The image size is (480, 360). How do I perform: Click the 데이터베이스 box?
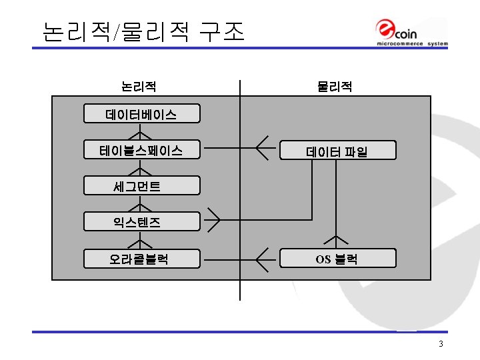coord(141,114)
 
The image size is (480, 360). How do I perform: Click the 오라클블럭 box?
coord(141,258)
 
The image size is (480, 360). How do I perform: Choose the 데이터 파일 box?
coord(337,151)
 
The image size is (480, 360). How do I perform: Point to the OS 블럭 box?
coord(337,258)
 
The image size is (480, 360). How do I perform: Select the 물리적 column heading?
coord(335,87)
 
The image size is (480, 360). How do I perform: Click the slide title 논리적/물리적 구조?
coord(143,31)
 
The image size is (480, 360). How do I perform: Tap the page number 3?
coord(441,344)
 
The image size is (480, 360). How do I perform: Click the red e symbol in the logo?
coord(386,29)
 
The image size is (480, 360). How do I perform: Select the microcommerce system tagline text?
coord(412,44)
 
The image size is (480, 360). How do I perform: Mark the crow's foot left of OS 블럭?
coord(265,257)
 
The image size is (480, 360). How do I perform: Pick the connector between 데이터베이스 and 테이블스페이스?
coord(141,133)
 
